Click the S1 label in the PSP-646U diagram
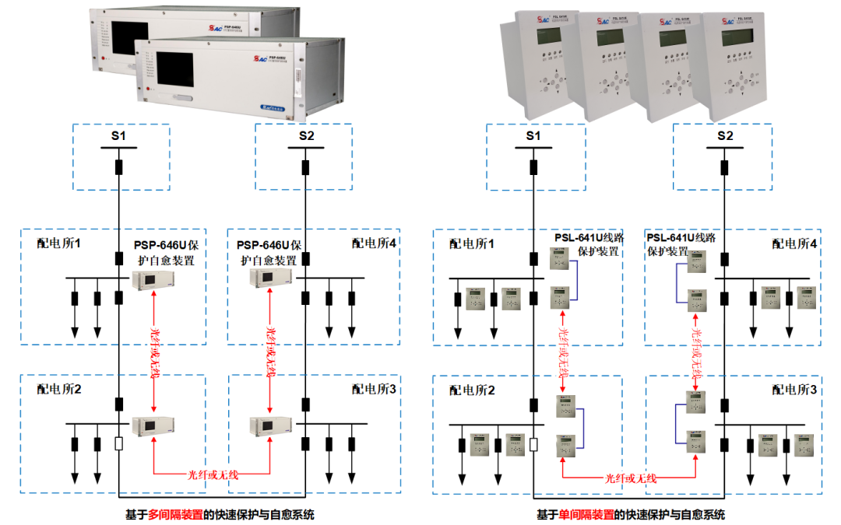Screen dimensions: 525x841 click(118, 136)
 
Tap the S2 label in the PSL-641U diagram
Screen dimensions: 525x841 click(725, 136)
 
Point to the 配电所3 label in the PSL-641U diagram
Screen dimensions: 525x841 click(794, 389)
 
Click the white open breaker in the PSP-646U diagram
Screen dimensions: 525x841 click(118, 445)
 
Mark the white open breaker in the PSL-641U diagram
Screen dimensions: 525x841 click(533, 445)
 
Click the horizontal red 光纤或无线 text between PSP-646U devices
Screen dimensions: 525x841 click(213, 473)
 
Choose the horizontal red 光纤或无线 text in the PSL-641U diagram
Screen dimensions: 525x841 click(631, 478)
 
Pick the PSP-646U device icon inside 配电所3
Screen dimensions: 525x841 click(269, 425)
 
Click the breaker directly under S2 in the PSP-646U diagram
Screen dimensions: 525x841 click(306, 167)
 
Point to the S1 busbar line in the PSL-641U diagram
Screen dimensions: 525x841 click(533, 148)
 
